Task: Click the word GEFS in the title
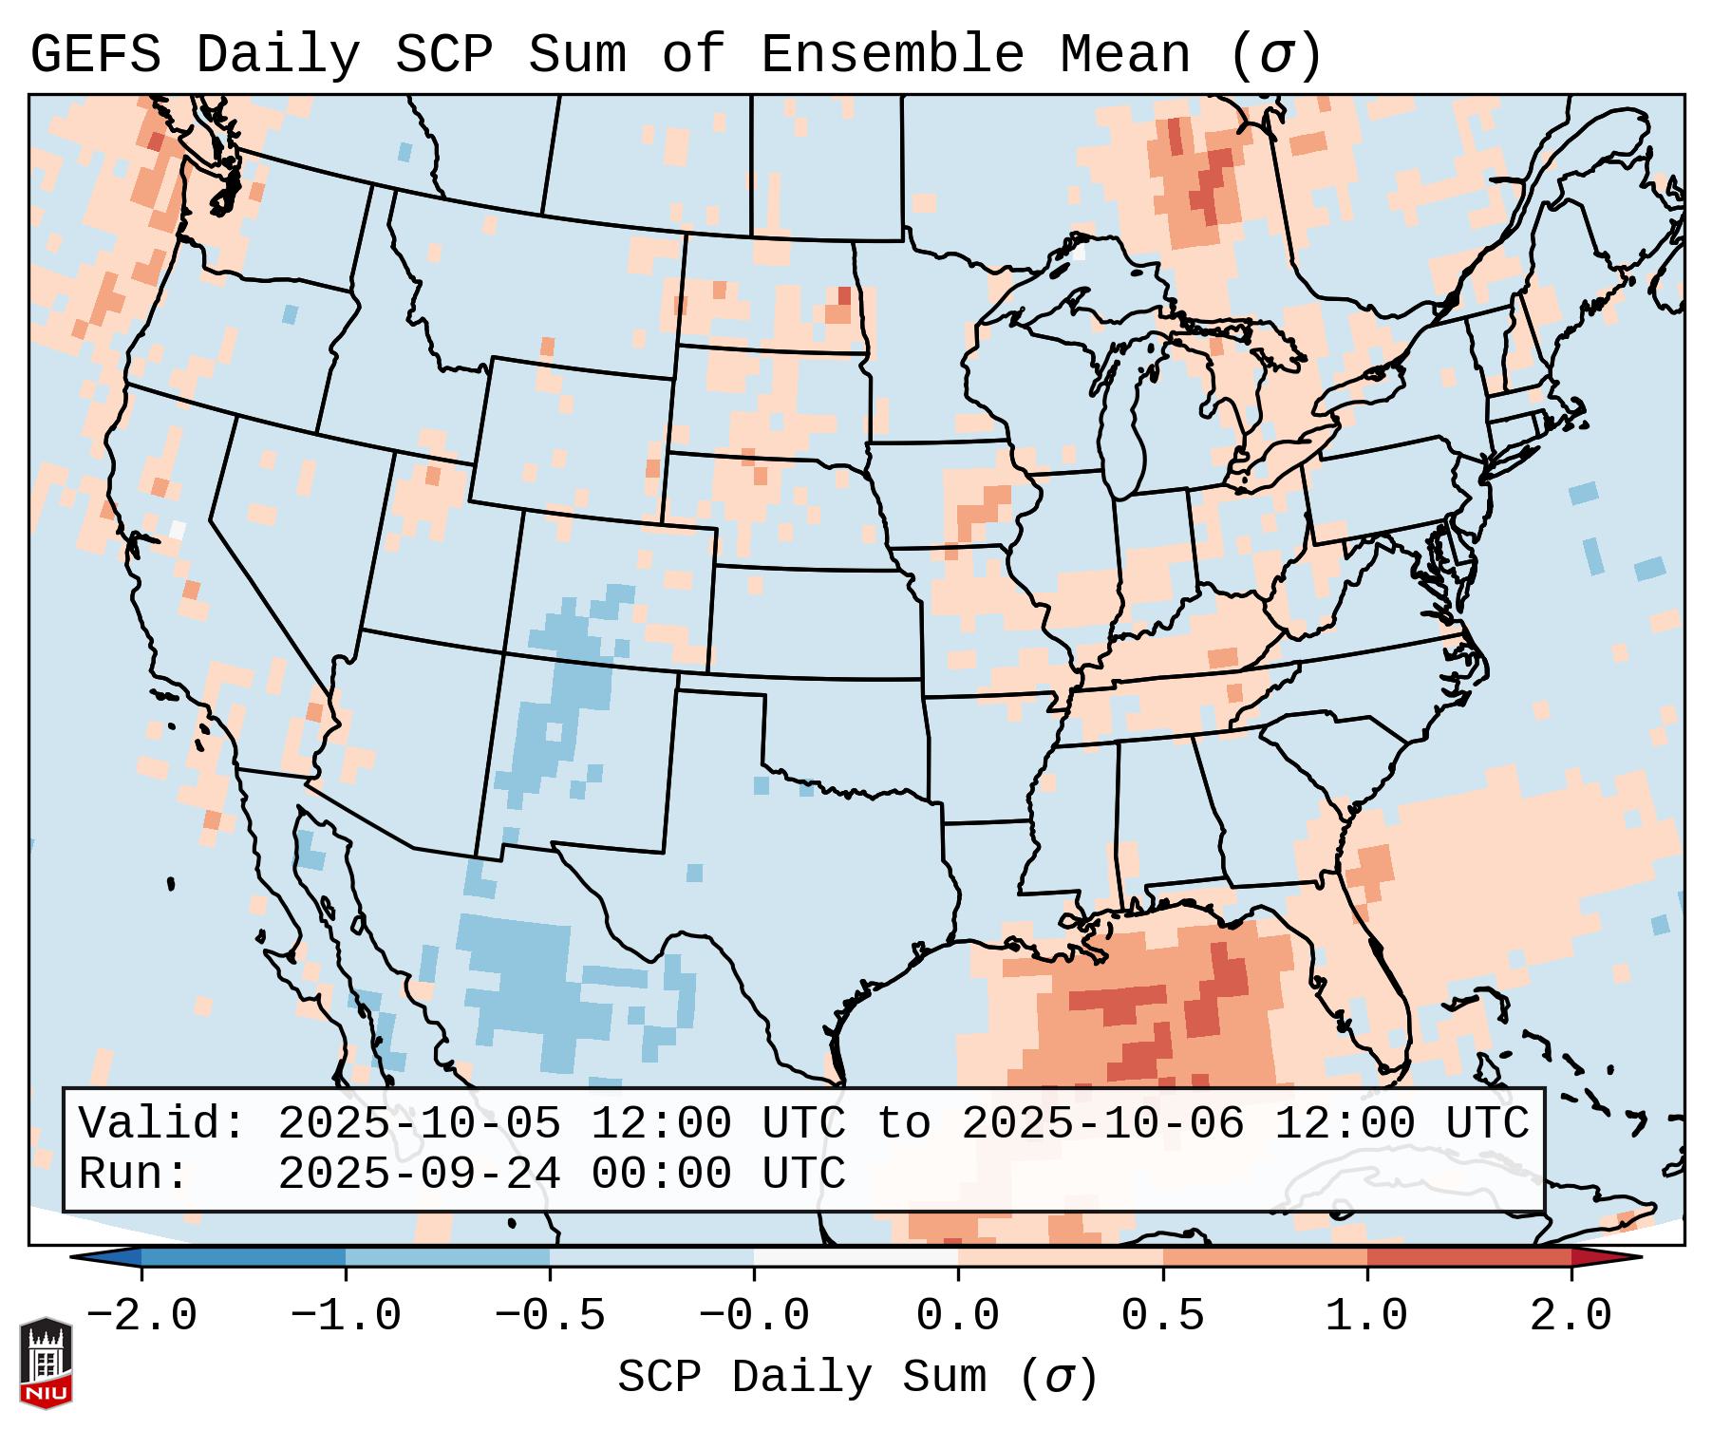point(95,54)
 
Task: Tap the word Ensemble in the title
point(892,54)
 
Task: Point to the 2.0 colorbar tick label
point(1571,1316)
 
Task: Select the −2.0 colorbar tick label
point(141,1316)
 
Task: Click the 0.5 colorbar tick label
point(1162,1316)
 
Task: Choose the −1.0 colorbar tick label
point(346,1316)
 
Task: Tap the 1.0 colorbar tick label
point(1366,1316)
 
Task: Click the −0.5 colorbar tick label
point(550,1316)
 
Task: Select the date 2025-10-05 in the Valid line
point(419,1123)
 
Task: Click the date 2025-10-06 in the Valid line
point(1102,1123)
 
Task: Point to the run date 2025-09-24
point(419,1174)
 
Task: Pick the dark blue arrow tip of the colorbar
point(105,1257)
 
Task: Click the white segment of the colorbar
point(856,1257)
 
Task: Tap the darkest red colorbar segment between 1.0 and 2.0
point(1469,1257)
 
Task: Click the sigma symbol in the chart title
point(1275,56)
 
